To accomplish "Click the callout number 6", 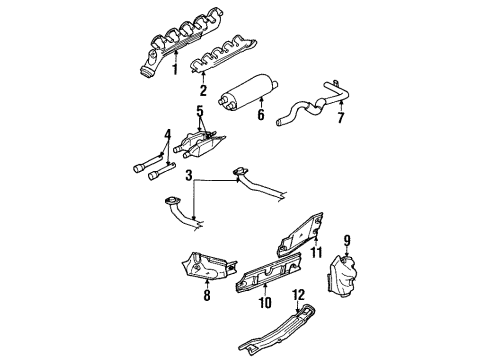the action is pos(261,115).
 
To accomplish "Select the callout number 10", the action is pos(265,301).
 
